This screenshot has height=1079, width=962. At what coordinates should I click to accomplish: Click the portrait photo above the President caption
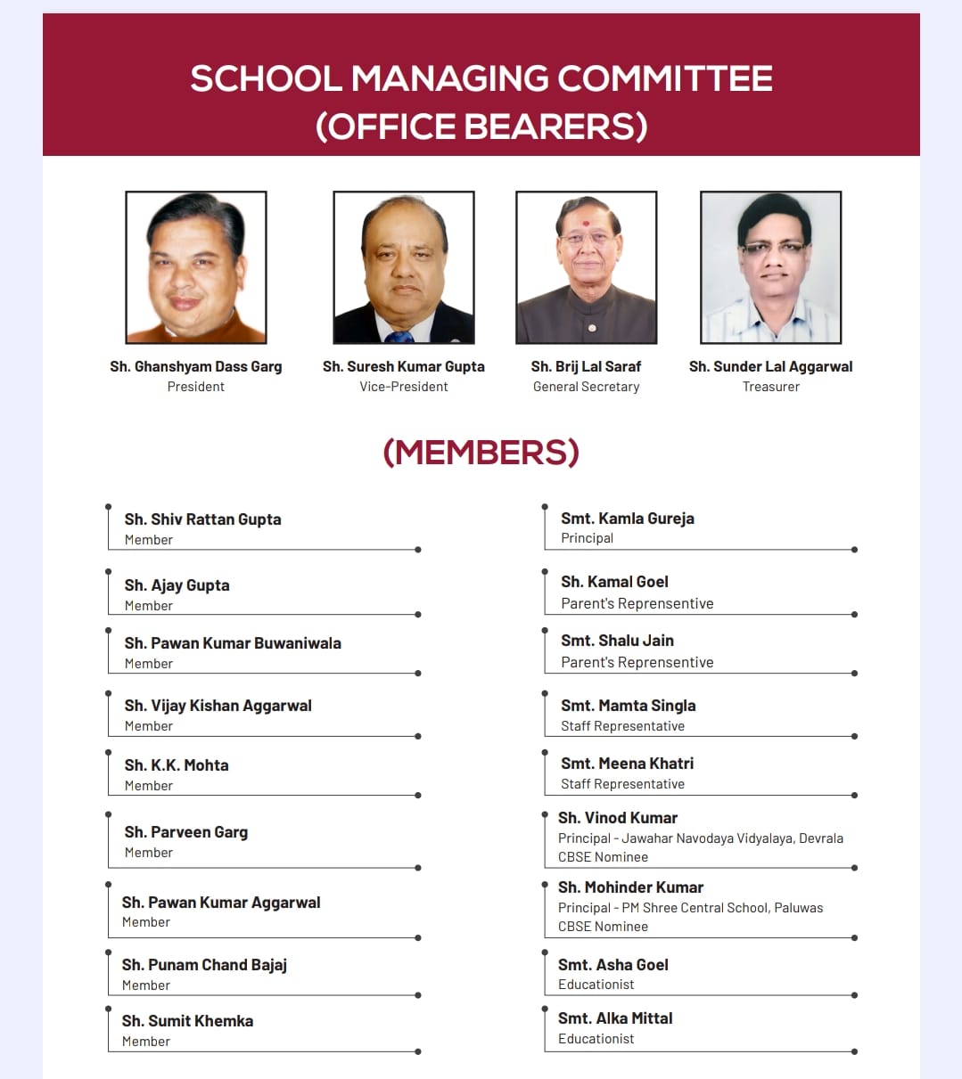pos(196,267)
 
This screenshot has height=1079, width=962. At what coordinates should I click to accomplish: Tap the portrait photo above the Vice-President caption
pos(404,267)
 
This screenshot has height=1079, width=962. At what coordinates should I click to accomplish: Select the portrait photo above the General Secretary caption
pos(587,267)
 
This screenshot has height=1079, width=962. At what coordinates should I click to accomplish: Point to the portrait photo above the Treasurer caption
pos(771,267)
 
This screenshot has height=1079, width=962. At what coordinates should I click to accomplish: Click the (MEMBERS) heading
pos(481,453)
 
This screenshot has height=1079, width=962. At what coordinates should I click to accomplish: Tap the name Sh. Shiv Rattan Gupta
pos(202,519)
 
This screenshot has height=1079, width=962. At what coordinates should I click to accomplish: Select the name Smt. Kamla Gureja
pos(627,519)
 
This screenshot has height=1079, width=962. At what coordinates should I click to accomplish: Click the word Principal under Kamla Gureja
pos(587,538)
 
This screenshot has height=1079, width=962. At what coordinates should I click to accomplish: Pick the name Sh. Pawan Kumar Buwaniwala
pos(233,643)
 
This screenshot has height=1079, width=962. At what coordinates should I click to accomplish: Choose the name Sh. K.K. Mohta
pos(177,765)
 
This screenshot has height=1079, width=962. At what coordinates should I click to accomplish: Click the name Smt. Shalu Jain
pos(617,641)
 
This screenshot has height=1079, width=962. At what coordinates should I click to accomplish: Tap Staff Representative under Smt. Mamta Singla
pos(622,726)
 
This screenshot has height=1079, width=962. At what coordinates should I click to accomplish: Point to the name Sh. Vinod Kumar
pos(618,818)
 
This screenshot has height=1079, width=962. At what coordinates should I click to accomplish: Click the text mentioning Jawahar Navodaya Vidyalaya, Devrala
pos(701,838)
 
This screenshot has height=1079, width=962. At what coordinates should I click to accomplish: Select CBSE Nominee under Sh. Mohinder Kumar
pos(603,927)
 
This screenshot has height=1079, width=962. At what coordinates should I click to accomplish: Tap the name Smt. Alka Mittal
pos(615,1018)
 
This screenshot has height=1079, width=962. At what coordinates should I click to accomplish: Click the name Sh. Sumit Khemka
pos(187,1021)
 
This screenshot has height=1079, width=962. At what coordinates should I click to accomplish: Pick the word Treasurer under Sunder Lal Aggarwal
pos(771,387)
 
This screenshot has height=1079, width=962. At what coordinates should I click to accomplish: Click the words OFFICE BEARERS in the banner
pos(481,127)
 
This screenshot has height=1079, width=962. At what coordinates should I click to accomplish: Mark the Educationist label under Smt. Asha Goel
pos(596,985)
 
